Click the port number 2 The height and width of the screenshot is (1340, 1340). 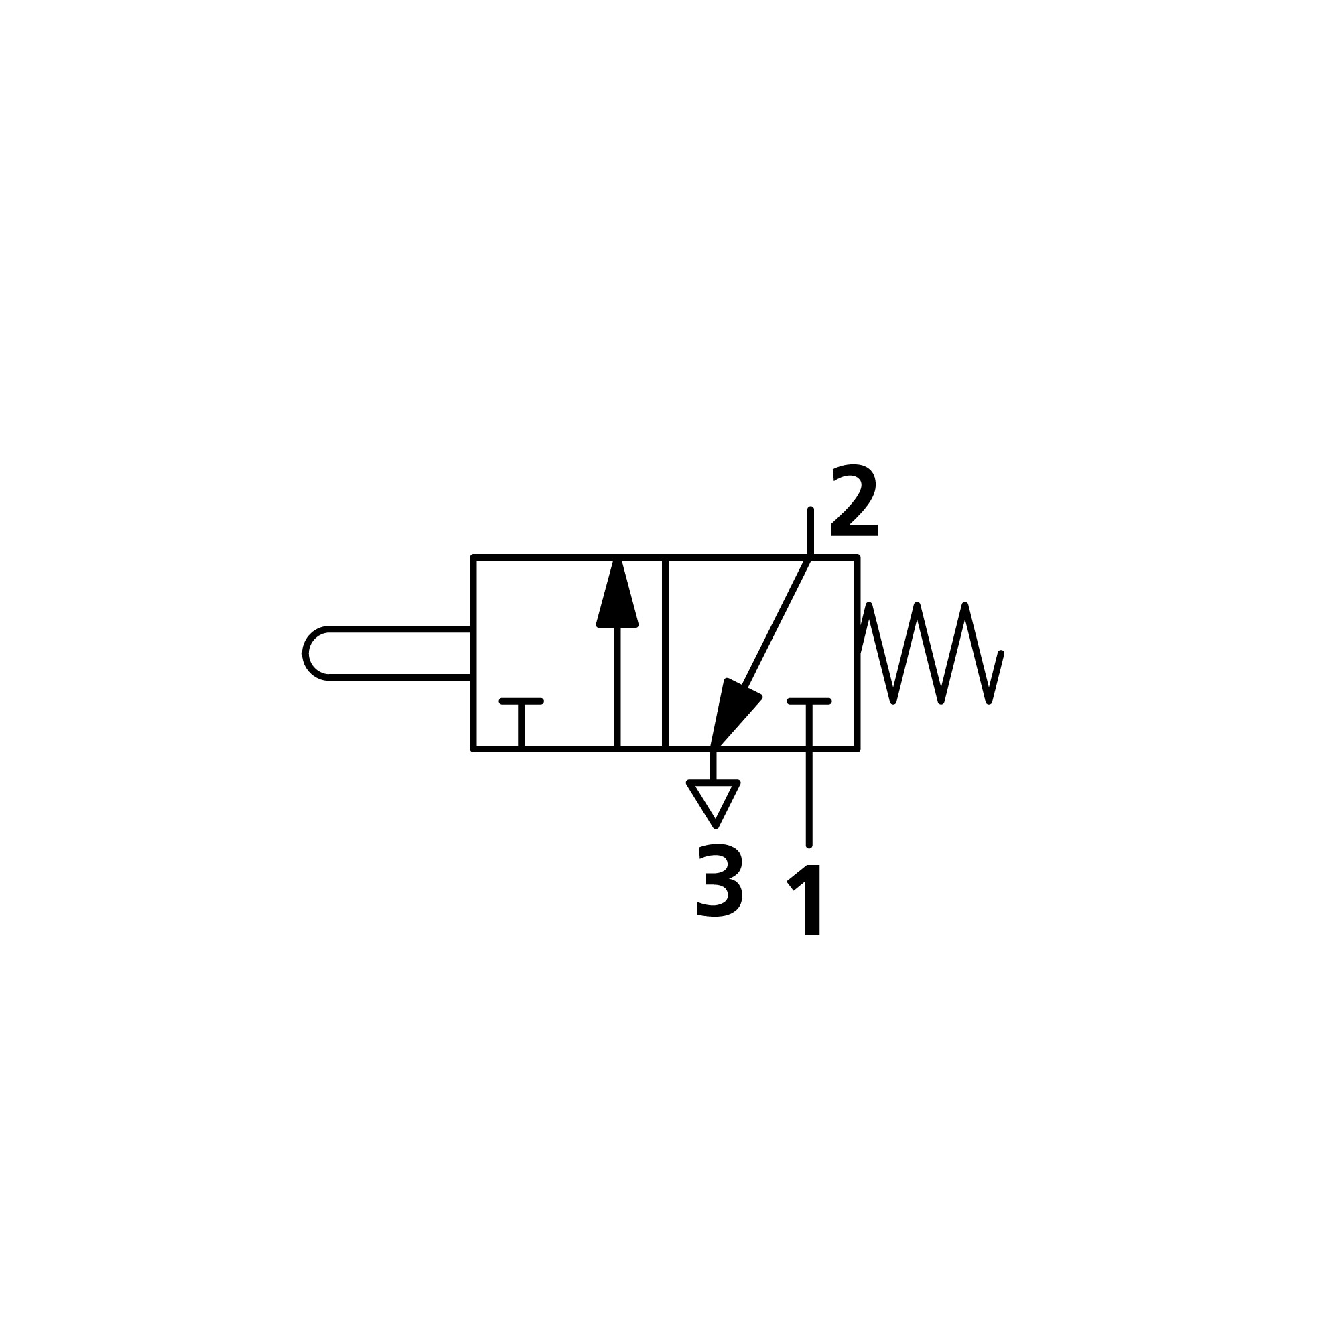854,500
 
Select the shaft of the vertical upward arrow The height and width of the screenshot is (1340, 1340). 616,687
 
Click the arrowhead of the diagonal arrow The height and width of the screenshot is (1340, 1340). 732,711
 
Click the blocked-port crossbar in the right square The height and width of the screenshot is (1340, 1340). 809,702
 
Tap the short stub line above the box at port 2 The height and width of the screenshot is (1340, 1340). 810,533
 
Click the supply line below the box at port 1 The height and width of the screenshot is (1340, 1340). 809,797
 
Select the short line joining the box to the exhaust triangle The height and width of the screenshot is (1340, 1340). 713,765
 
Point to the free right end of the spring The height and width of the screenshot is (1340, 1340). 1000,653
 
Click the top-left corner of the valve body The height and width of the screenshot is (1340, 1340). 474,557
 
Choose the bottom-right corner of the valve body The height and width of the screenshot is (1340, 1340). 858,749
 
